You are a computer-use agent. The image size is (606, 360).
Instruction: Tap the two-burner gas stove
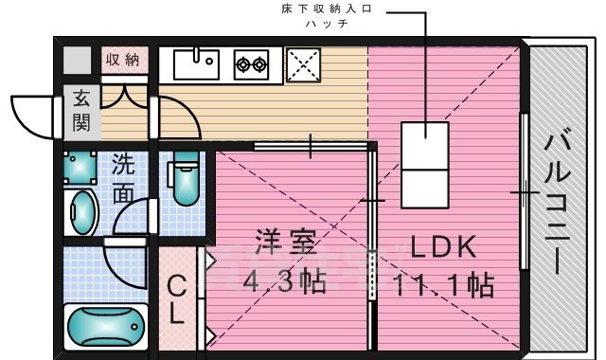(x=252, y=64)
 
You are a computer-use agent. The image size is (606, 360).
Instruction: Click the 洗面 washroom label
(x=124, y=177)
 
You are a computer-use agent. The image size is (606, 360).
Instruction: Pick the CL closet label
(x=176, y=301)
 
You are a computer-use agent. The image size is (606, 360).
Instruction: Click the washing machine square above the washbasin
(x=80, y=169)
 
